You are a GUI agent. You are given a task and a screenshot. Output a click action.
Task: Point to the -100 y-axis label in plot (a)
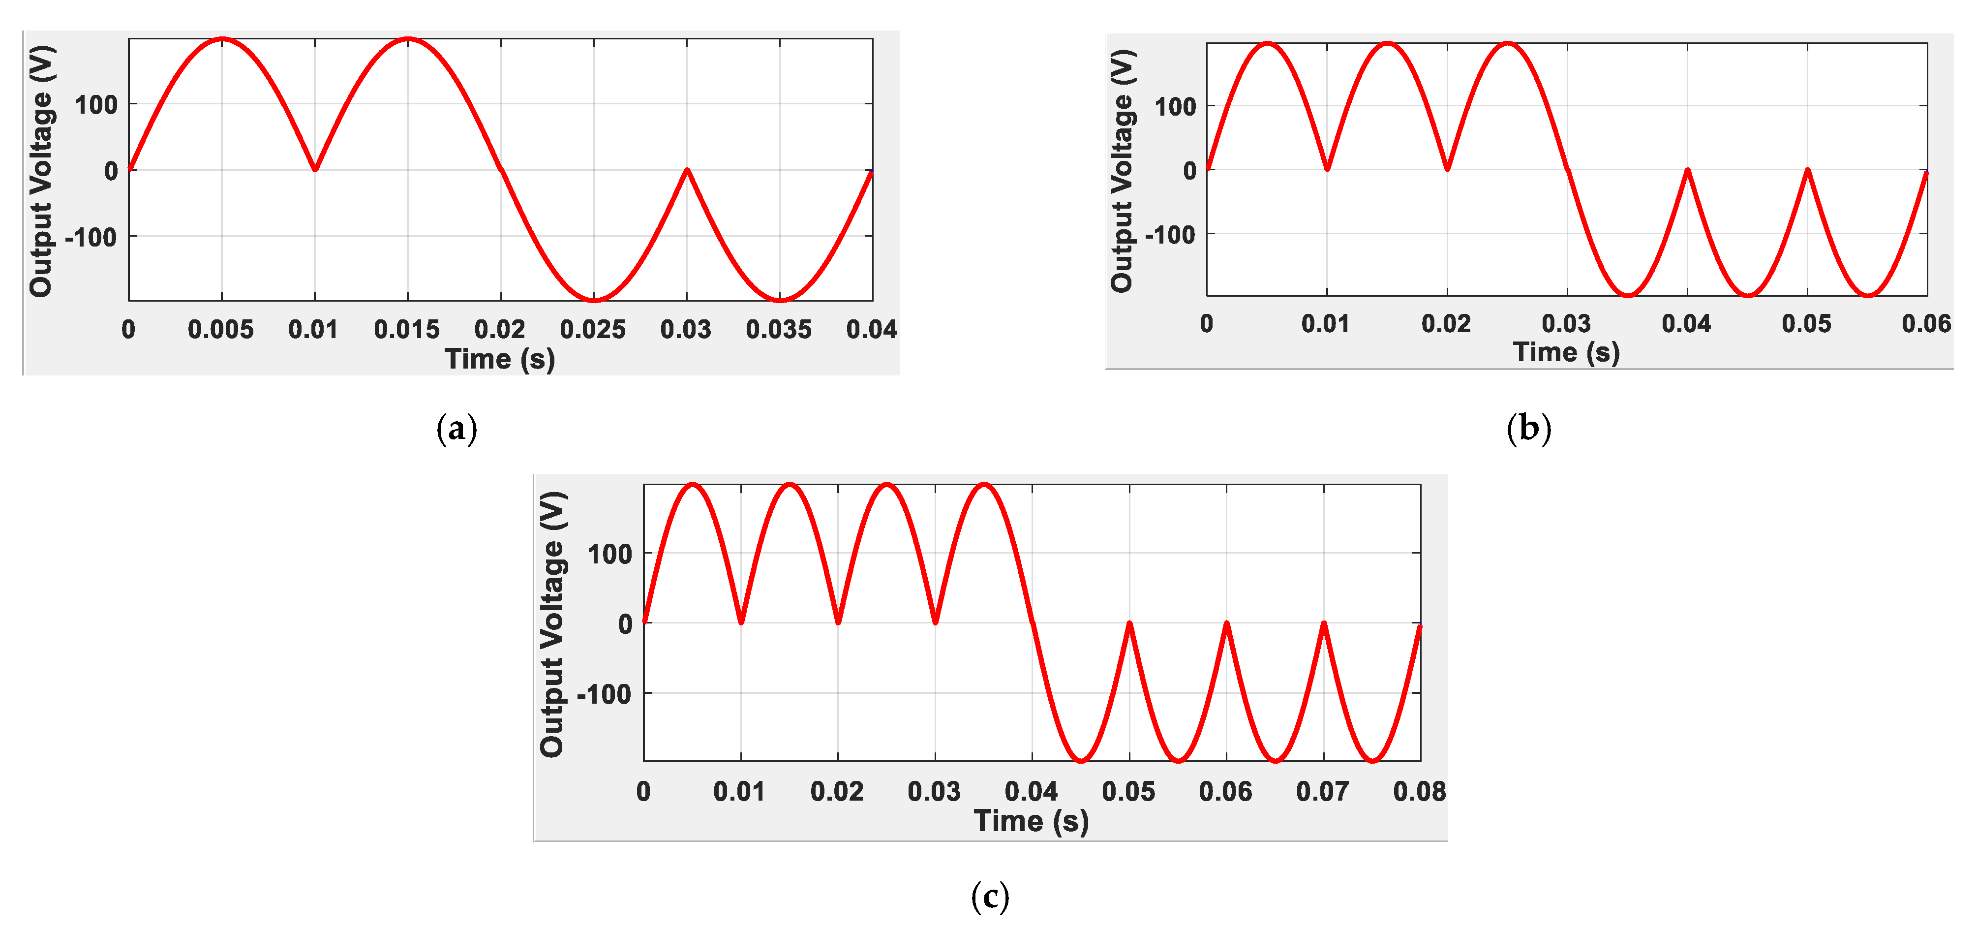click(x=91, y=237)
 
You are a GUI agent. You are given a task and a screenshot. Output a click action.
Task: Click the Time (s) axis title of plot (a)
click(x=500, y=359)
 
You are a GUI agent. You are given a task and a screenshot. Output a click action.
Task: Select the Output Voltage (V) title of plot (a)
click(x=41, y=170)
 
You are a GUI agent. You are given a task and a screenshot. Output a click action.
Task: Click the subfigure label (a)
click(x=456, y=428)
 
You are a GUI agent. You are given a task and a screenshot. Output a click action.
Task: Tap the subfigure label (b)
click(x=1528, y=428)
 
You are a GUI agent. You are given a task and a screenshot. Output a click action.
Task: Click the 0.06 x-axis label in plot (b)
click(x=1925, y=323)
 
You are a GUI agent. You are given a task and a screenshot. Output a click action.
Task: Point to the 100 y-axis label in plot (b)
click(x=1175, y=107)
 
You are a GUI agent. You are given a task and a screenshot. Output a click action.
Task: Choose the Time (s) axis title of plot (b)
click(x=1566, y=352)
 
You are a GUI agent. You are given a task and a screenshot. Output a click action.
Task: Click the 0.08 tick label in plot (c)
click(x=1419, y=791)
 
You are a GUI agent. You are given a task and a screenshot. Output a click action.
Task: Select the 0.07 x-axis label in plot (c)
click(x=1322, y=791)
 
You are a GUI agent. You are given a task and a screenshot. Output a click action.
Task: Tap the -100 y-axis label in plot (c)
click(x=604, y=694)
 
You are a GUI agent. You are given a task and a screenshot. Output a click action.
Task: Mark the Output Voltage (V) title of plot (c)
click(x=552, y=623)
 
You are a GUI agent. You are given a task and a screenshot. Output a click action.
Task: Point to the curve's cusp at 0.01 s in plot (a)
click(x=315, y=168)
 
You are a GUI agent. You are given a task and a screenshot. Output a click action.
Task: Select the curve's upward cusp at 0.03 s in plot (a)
click(x=687, y=170)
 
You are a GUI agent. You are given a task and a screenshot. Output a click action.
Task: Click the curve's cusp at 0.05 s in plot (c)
click(x=1129, y=623)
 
